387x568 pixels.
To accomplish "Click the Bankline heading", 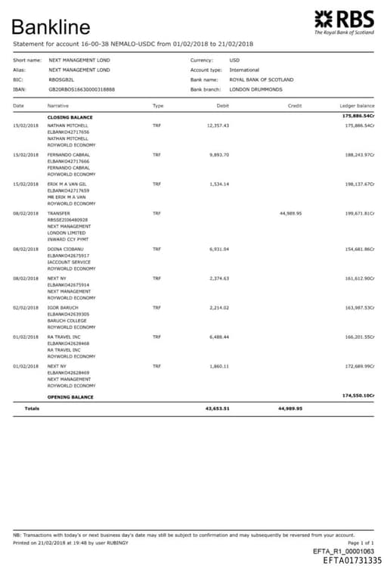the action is pos(51,28).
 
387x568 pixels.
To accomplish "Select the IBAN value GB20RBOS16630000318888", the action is pos(82,89).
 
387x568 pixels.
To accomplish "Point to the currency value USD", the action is pos(234,60).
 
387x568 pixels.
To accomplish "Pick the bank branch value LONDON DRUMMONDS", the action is pos(255,89).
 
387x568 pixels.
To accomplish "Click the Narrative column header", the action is pos(58,106).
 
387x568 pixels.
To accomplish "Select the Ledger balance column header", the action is pos(357,106).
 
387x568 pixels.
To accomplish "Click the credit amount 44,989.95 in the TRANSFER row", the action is pos(290,213).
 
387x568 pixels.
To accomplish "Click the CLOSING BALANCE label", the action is pos(70,118).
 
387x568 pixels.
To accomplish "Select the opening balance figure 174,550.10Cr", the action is pos(358,396).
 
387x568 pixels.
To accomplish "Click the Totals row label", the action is pos(33,408).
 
